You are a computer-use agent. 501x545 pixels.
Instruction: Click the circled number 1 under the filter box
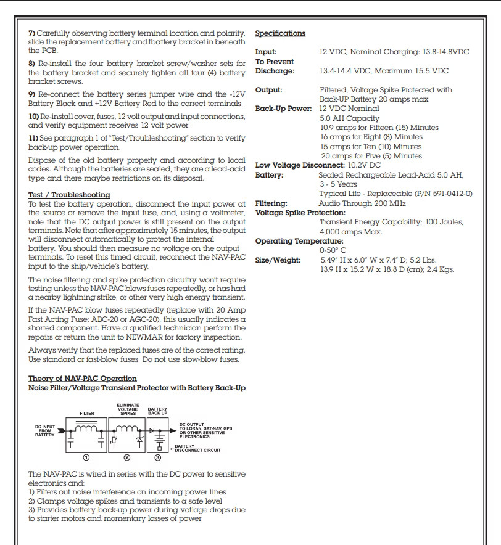(87, 457)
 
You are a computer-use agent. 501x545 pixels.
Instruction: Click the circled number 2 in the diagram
(126, 457)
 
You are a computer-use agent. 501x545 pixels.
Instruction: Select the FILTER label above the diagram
(86, 413)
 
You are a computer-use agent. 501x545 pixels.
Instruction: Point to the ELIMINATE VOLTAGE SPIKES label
(128, 409)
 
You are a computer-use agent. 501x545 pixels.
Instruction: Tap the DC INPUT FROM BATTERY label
(44, 430)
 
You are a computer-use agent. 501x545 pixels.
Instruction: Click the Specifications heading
(280, 33)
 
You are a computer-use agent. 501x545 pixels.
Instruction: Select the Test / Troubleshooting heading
(69, 195)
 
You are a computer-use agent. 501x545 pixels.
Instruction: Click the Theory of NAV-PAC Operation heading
(83, 378)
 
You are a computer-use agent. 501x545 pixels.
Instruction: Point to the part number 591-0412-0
(446, 193)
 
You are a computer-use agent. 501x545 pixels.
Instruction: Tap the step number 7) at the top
(31, 32)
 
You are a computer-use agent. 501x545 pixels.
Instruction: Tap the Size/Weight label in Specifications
(278, 260)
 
